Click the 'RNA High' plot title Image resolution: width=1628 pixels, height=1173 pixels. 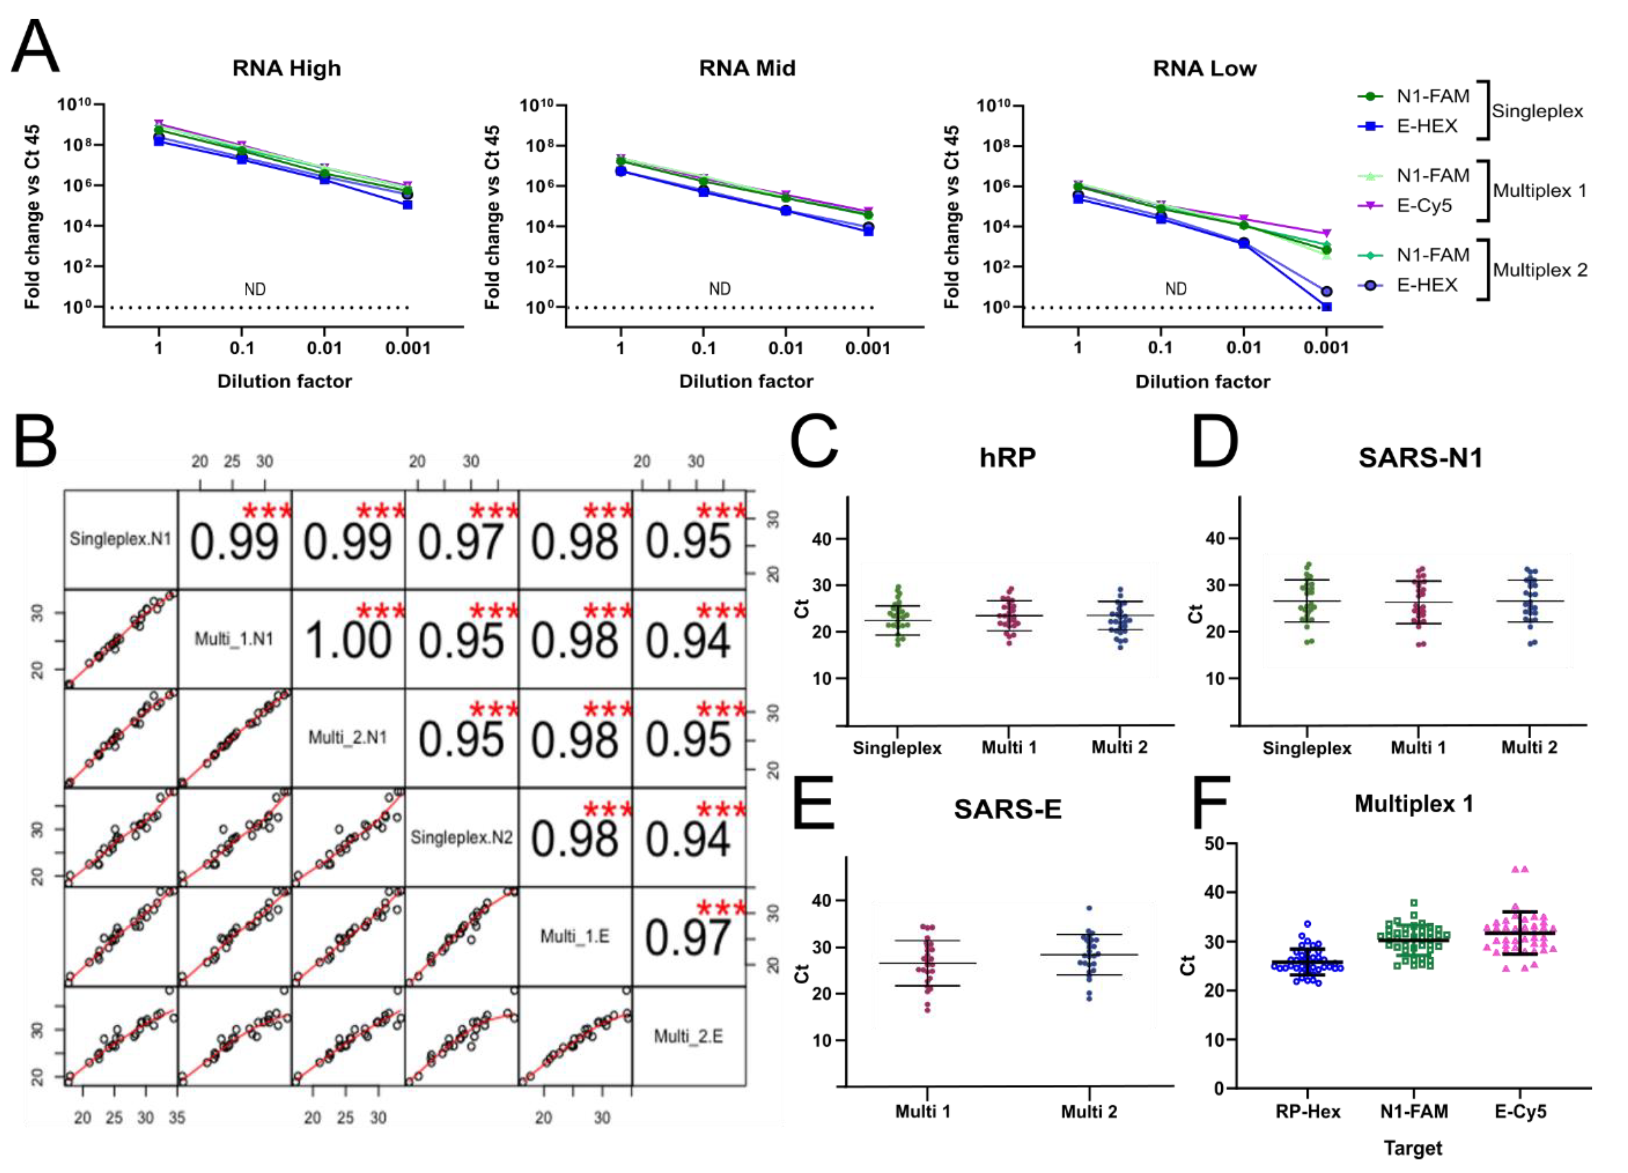(x=286, y=68)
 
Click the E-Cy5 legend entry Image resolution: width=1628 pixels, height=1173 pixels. (x=1424, y=206)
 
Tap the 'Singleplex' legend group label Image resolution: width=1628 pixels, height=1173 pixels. (x=1537, y=111)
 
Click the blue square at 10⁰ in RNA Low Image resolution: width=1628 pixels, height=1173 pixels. (x=1326, y=307)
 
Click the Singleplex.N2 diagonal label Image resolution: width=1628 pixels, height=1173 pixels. (x=462, y=837)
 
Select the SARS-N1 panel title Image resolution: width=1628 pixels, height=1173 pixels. (x=1420, y=458)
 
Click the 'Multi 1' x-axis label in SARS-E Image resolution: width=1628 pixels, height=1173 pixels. (x=923, y=1112)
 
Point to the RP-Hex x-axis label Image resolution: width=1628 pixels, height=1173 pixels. (x=1307, y=1112)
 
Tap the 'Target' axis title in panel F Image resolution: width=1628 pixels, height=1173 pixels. (x=1413, y=1148)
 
